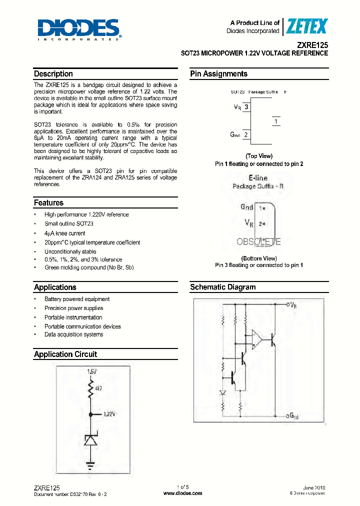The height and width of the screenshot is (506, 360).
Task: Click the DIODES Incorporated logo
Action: pyautogui.click(x=78, y=29)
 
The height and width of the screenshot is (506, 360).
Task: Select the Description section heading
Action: pyautogui.click(x=53, y=74)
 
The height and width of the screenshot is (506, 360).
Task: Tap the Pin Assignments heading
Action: pyautogui.click(x=218, y=74)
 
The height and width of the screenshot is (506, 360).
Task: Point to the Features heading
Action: pyautogui.click(x=48, y=203)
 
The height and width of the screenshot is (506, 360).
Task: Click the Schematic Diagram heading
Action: pyautogui.click(x=222, y=287)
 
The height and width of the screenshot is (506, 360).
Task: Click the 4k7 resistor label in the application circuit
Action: pyautogui.click(x=97, y=388)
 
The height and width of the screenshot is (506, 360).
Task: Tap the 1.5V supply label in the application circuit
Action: pyautogui.click(x=91, y=372)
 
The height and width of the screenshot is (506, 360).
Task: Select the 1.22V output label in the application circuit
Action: pyautogui.click(x=109, y=414)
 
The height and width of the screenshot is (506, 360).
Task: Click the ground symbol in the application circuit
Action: pyautogui.click(x=90, y=465)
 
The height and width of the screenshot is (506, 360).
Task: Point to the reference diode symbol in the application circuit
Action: pyautogui.click(x=90, y=440)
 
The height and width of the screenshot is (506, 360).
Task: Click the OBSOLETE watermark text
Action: pyautogui.click(x=258, y=241)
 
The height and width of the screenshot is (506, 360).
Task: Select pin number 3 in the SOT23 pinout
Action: pyautogui.click(x=245, y=107)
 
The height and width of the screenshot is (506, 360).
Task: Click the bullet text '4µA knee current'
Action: pyautogui.click(x=64, y=233)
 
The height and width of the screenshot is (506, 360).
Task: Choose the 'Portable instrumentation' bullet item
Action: pyautogui.click(x=73, y=317)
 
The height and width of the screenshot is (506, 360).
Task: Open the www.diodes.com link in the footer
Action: pyautogui.click(x=183, y=493)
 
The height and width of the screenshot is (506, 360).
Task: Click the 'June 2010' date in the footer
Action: pyautogui.click(x=314, y=487)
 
